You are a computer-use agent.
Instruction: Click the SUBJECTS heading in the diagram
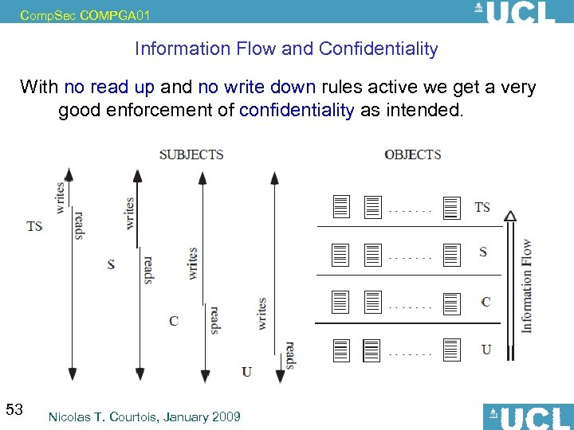[191, 154]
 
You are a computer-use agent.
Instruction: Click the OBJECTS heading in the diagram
[412, 154]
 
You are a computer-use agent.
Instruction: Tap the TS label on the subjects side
[34, 226]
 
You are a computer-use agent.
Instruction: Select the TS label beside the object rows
[482, 207]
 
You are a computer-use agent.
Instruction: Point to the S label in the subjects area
[111, 264]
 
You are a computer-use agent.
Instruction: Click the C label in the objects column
[486, 302]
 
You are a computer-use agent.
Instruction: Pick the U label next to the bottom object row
[486, 350]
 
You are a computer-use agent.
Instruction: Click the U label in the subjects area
[246, 371]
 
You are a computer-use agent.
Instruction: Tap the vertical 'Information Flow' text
[526, 285]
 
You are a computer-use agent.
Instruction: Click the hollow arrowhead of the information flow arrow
[510, 214]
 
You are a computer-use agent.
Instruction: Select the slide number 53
[14, 410]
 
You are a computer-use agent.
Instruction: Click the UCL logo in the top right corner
[514, 12]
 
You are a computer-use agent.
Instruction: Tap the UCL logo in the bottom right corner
[527, 416]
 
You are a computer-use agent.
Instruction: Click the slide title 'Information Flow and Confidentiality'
[286, 49]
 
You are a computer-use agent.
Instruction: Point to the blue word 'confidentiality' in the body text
[297, 110]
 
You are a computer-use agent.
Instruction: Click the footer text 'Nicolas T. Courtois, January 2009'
[144, 416]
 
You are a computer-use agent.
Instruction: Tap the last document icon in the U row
[451, 350]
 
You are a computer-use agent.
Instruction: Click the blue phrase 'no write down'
[257, 87]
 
